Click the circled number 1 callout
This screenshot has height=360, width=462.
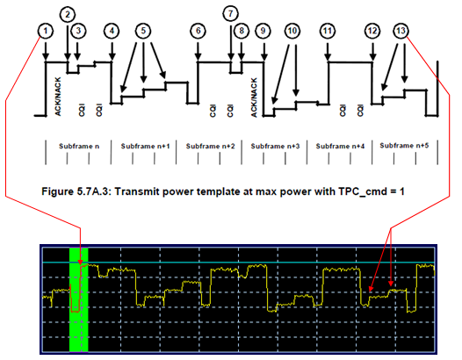point(46,31)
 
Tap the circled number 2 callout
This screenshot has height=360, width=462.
point(68,14)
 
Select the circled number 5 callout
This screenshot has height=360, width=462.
point(143,31)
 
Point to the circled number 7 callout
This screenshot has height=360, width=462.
point(230,13)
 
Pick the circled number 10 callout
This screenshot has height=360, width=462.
point(292,31)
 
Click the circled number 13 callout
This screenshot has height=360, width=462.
point(401,31)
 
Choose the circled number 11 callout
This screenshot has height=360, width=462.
point(328,31)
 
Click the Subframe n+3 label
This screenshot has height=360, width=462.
point(275,146)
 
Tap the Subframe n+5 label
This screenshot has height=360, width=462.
point(404,146)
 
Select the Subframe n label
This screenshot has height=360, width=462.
point(79,146)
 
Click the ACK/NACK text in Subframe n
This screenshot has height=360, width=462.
point(58,97)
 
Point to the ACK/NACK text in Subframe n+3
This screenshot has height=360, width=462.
point(254,97)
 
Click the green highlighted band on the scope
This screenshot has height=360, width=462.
point(79,299)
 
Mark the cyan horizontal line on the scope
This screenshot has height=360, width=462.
point(239,263)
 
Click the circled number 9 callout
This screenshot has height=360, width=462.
point(263,31)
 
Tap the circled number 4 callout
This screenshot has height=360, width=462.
point(112,31)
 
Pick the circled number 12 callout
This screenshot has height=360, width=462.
point(372,31)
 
